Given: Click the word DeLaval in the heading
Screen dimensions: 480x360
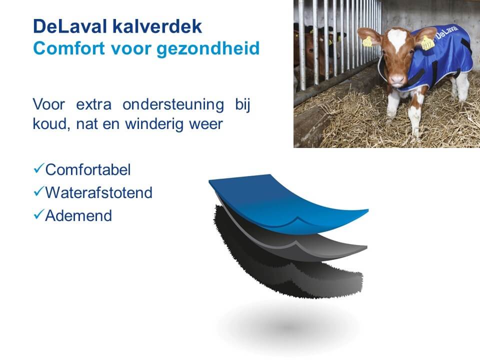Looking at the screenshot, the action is click(70, 26).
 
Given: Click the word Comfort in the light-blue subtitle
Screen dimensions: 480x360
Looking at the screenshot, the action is click(69, 48).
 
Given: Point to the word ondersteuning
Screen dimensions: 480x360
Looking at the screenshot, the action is click(173, 105).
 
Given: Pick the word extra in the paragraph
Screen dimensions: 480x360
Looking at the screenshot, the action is click(93, 105).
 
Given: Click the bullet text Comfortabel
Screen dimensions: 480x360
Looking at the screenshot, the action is click(88, 169).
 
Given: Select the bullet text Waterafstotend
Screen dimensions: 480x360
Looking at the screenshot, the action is click(98, 192).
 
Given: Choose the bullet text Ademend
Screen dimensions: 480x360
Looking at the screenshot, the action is click(78, 215).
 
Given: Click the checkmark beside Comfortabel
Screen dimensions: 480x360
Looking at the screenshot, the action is click(38, 168).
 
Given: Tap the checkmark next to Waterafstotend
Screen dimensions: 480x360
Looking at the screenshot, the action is click(38, 191).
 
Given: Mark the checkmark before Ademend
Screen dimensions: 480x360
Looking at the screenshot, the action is click(38, 214).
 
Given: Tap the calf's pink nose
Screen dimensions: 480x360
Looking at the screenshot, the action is click(397, 79).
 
